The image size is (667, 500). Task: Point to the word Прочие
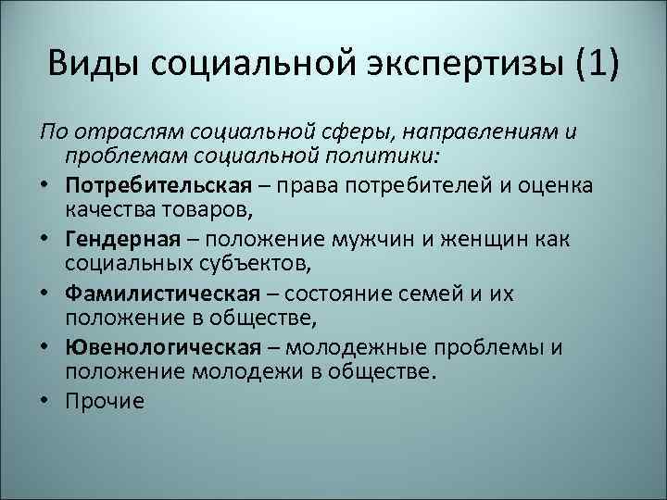(106, 401)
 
